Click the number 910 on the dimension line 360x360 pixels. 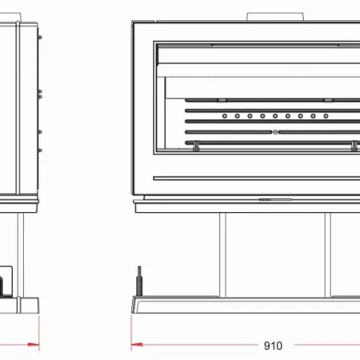pos(273,346)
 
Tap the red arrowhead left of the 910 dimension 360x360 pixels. pos(136,346)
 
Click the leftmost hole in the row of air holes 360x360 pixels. pos(226,115)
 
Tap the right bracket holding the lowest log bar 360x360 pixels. pos(353,144)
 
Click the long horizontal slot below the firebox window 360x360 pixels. pos(256,178)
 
